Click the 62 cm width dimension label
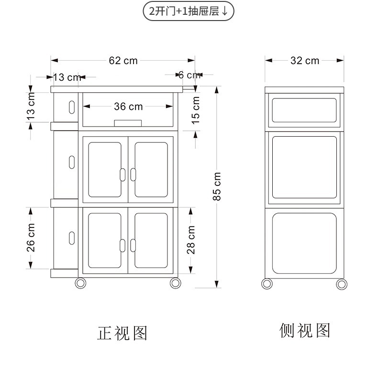click(123, 61)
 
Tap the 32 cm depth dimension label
click(305, 61)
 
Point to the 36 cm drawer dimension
click(128, 107)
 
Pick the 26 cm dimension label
click(31, 237)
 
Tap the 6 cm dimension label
click(189, 75)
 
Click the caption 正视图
click(122, 333)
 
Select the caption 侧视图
click(305, 330)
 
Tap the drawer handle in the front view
click(128, 122)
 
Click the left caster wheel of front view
click(80, 283)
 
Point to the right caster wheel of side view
click(342, 283)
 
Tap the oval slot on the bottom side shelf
click(72, 237)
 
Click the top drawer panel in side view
click(304, 109)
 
